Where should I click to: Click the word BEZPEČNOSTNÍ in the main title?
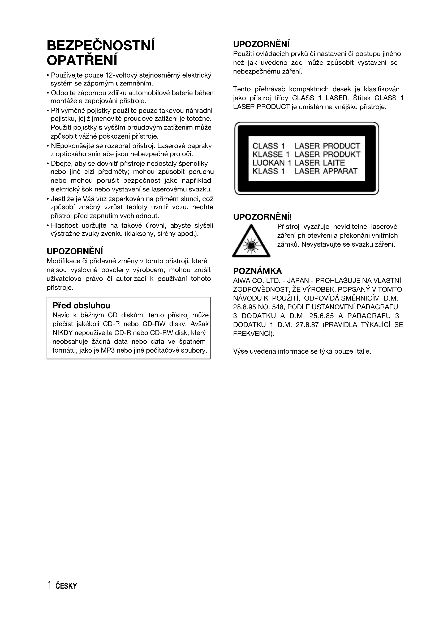click(101, 45)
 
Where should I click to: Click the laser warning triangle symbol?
click(251, 242)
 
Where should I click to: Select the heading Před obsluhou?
click(81, 306)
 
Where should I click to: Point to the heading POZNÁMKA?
click(257, 271)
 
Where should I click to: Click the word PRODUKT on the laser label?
click(341, 155)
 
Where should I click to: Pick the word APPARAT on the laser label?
click(340, 171)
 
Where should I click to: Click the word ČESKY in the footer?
click(66, 586)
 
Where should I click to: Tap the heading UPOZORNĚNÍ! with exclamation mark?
click(262, 217)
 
